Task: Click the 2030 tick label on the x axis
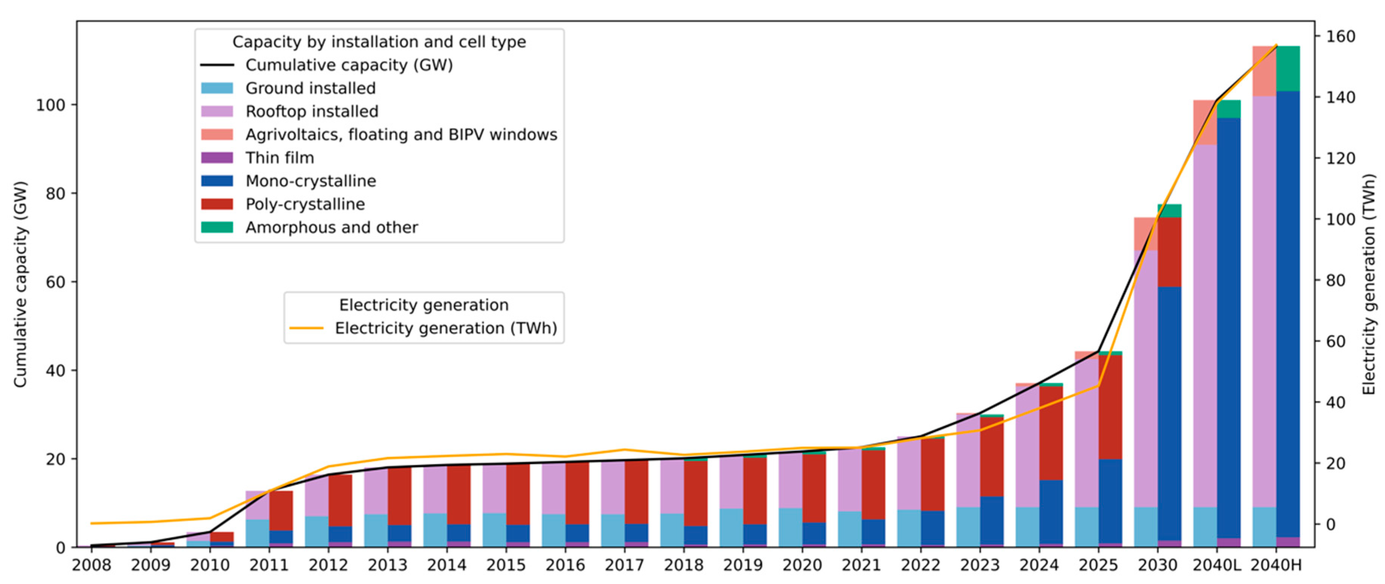tap(1158, 565)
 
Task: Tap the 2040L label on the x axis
tap(1217, 565)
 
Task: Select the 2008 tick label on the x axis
tap(91, 565)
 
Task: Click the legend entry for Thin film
tap(280, 158)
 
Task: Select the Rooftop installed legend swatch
tap(217, 112)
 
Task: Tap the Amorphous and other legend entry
tap(331, 227)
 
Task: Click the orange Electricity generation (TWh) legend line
tap(306, 328)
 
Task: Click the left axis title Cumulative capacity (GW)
tap(20, 284)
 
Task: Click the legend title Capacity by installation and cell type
tap(379, 42)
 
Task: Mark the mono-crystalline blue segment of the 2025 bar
tap(1110, 501)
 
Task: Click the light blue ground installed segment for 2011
tap(257, 533)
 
